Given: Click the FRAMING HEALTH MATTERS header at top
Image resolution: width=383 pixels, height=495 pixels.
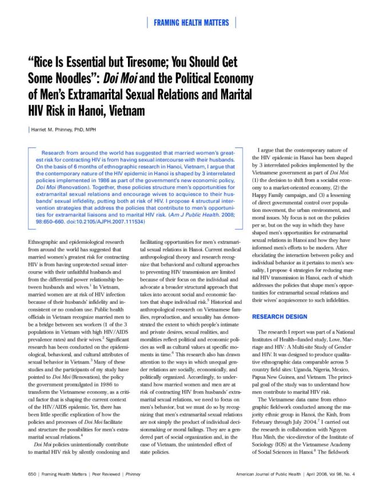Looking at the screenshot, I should [x=191, y=22].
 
